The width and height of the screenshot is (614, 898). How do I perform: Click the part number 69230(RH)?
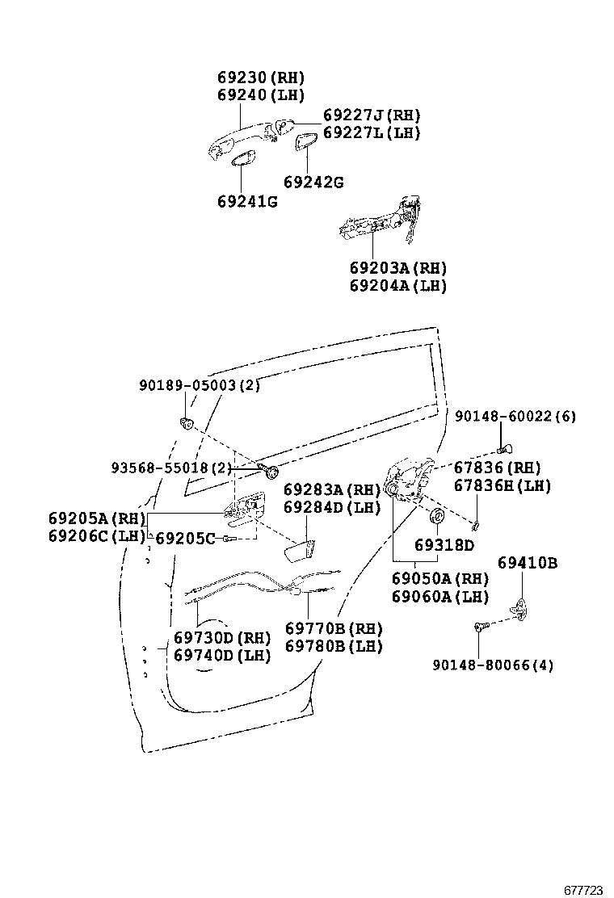coord(260,78)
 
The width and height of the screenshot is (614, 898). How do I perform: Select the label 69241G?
coord(246,201)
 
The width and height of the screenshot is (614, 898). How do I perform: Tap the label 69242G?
coord(313,183)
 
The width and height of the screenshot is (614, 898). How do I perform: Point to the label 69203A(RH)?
coord(398,268)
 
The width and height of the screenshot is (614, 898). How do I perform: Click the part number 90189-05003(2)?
coord(199,386)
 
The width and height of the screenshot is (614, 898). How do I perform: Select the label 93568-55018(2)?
coord(171,468)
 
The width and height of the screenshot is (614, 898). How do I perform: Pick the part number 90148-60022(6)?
coord(515,416)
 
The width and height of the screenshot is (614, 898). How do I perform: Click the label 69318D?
coord(444,545)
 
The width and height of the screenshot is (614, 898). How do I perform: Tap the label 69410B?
coord(527,563)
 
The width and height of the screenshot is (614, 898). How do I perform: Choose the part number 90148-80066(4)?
coord(493,665)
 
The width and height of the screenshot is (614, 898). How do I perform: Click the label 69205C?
coord(186,538)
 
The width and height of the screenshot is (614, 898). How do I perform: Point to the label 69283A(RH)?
coord(331,490)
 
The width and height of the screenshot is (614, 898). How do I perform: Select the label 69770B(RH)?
coord(334,628)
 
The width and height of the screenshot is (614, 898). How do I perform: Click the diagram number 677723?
coord(583,890)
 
